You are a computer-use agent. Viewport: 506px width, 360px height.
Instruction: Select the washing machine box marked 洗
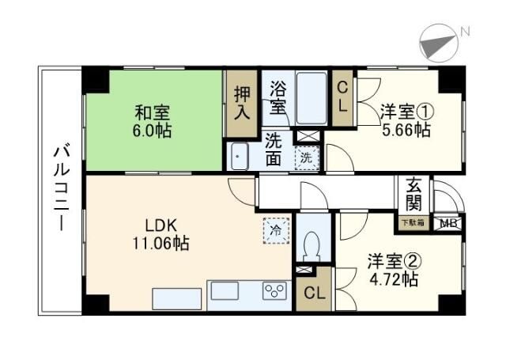coord(308,157)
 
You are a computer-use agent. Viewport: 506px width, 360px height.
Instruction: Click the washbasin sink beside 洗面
coord(240,156)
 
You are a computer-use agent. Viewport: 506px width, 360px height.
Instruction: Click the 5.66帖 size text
coord(405,131)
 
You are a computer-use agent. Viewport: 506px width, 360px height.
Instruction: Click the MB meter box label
coord(447,223)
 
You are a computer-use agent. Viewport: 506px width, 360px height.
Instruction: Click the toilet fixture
coord(312,244)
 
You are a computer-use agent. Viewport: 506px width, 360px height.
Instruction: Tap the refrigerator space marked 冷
coord(277,230)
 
